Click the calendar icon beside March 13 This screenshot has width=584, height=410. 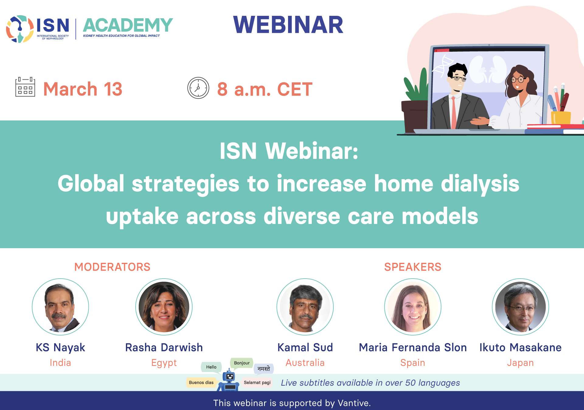(25, 87)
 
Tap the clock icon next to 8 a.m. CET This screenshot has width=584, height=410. (198, 88)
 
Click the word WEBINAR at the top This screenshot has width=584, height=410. (288, 25)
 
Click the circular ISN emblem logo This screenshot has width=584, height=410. (20, 29)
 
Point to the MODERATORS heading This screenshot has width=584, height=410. (112, 267)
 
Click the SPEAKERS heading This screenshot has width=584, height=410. (413, 267)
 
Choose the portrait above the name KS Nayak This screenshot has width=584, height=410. (61, 307)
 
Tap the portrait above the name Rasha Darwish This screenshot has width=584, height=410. (164, 307)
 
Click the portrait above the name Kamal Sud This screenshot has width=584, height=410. (305, 307)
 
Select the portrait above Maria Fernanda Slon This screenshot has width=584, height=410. (413, 307)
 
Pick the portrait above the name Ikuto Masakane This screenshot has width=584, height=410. (520, 307)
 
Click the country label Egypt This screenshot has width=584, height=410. (164, 363)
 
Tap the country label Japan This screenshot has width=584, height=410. (520, 363)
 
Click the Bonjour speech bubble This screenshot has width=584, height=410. (242, 363)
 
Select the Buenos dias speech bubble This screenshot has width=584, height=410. (201, 382)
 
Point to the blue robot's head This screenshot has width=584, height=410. (230, 377)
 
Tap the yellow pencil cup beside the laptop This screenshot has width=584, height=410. (561, 118)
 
